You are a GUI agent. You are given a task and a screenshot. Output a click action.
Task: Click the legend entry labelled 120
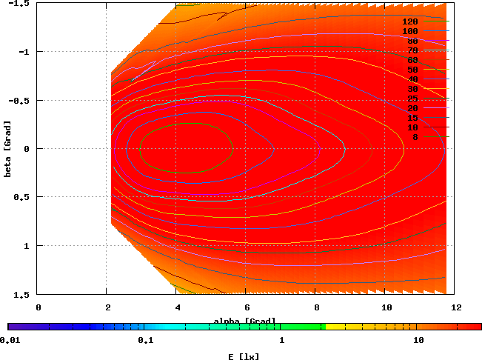pyautogui.click(x=410, y=21)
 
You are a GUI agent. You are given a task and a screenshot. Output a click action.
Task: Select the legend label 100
pyautogui.click(x=410, y=31)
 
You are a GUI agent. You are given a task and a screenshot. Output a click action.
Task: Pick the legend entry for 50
pyautogui.click(x=412, y=70)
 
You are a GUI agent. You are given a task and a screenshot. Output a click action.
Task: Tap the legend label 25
pyautogui.click(x=412, y=99)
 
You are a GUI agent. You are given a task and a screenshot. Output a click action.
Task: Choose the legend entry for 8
pyautogui.click(x=415, y=137)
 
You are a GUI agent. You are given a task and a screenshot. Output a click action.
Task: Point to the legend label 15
pyautogui.click(x=412, y=118)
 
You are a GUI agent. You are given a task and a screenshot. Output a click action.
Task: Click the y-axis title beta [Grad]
pyautogui.click(x=7, y=149)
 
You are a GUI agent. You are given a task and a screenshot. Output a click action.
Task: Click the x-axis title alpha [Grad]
pyautogui.click(x=245, y=321)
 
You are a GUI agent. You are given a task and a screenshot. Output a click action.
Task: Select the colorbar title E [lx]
pyautogui.click(x=244, y=356)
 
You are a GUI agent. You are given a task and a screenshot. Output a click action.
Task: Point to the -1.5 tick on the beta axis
pyautogui.click(x=21, y=3)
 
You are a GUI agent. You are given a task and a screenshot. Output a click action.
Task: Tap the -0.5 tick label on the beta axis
pyautogui.click(x=21, y=100)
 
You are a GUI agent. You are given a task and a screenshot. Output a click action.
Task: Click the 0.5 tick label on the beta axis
pyautogui.click(x=22, y=197)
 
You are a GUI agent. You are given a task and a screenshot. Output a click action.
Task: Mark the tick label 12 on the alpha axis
pyautogui.click(x=455, y=306)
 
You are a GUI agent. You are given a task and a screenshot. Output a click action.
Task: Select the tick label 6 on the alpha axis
pyautogui.click(x=247, y=306)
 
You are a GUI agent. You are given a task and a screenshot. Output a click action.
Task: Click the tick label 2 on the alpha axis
pyautogui.click(x=107, y=306)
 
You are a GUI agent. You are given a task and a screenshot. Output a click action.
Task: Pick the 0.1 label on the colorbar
pyautogui.click(x=145, y=340)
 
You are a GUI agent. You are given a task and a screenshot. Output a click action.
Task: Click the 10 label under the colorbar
pyautogui.click(x=418, y=340)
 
